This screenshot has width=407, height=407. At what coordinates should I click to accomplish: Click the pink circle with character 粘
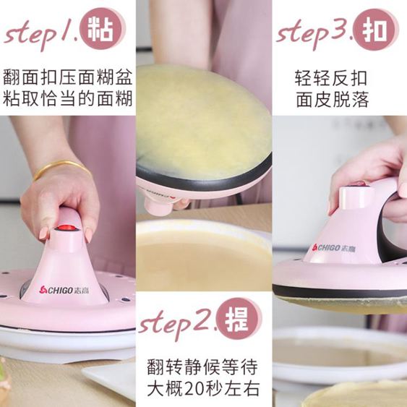(100, 29)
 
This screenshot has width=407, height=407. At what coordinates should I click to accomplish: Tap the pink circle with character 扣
(375, 28)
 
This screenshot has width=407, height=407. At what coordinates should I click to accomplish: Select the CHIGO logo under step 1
(64, 290)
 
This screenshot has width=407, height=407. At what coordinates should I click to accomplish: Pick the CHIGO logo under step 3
(333, 248)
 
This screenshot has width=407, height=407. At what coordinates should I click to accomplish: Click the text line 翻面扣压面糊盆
(68, 77)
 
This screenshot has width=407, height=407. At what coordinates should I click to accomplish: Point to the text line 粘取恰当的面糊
(68, 98)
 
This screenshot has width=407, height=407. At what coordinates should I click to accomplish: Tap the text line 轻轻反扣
(331, 78)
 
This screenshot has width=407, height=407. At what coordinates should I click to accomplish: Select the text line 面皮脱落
(333, 100)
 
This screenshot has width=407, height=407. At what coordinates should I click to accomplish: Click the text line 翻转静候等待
(202, 367)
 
